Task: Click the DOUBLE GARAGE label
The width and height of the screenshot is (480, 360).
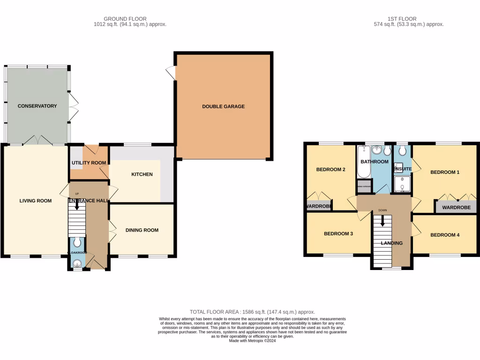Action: click(x=223, y=106)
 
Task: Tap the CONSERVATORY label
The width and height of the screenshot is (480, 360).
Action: click(x=37, y=106)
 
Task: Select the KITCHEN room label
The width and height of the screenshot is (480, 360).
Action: click(x=142, y=174)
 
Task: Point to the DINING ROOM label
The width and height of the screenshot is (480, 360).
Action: click(x=142, y=230)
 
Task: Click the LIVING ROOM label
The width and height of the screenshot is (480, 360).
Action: click(x=35, y=201)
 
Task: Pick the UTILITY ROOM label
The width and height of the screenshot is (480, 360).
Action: click(x=89, y=163)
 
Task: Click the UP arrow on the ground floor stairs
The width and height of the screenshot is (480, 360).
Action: click(x=77, y=202)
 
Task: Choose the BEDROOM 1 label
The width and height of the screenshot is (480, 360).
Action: click(x=445, y=172)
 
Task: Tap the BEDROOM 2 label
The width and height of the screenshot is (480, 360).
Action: click(x=330, y=169)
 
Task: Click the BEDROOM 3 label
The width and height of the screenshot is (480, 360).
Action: click(x=338, y=233)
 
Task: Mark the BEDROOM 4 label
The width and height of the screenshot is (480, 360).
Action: click(x=445, y=235)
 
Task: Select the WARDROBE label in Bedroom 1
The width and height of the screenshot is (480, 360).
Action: click(x=456, y=207)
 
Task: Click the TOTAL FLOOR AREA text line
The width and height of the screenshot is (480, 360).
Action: click(x=252, y=312)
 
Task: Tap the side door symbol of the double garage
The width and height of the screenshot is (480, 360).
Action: click(x=172, y=73)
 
